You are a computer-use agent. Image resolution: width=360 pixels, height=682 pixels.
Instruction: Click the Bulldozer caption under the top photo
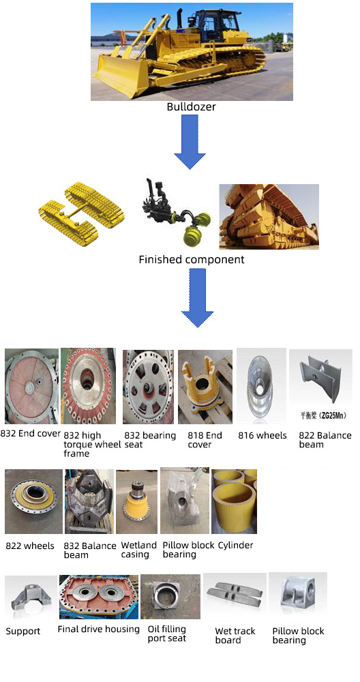tap(192, 106)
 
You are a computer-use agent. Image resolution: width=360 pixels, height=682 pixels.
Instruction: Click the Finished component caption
tap(192, 260)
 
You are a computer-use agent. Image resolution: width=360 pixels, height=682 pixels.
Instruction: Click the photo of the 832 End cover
tap(31, 386)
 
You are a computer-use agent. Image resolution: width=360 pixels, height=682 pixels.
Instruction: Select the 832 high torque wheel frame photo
tap(88, 386)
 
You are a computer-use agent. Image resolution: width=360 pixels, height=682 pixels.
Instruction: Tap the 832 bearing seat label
tap(150, 440)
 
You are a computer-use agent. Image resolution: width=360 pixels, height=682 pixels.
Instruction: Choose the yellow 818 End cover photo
tap(205, 387)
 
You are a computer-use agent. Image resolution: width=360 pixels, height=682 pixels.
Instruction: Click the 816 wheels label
tap(262, 435)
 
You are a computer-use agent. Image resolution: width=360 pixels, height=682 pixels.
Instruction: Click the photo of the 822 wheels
tap(33, 501)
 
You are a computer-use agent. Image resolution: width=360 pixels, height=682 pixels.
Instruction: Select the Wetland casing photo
tap(136, 501)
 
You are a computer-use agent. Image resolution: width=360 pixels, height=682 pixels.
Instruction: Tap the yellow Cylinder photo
tap(234, 501)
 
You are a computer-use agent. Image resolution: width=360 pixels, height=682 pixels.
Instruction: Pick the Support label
tap(23, 631)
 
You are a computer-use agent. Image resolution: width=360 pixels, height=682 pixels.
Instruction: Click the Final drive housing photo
tap(99, 597)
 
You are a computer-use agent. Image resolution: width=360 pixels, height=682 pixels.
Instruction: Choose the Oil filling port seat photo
tap(170, 597)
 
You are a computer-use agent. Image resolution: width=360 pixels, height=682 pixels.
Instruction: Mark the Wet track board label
tap(235, 636)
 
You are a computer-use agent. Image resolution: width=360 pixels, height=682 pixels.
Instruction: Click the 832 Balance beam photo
tap(89, 501)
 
